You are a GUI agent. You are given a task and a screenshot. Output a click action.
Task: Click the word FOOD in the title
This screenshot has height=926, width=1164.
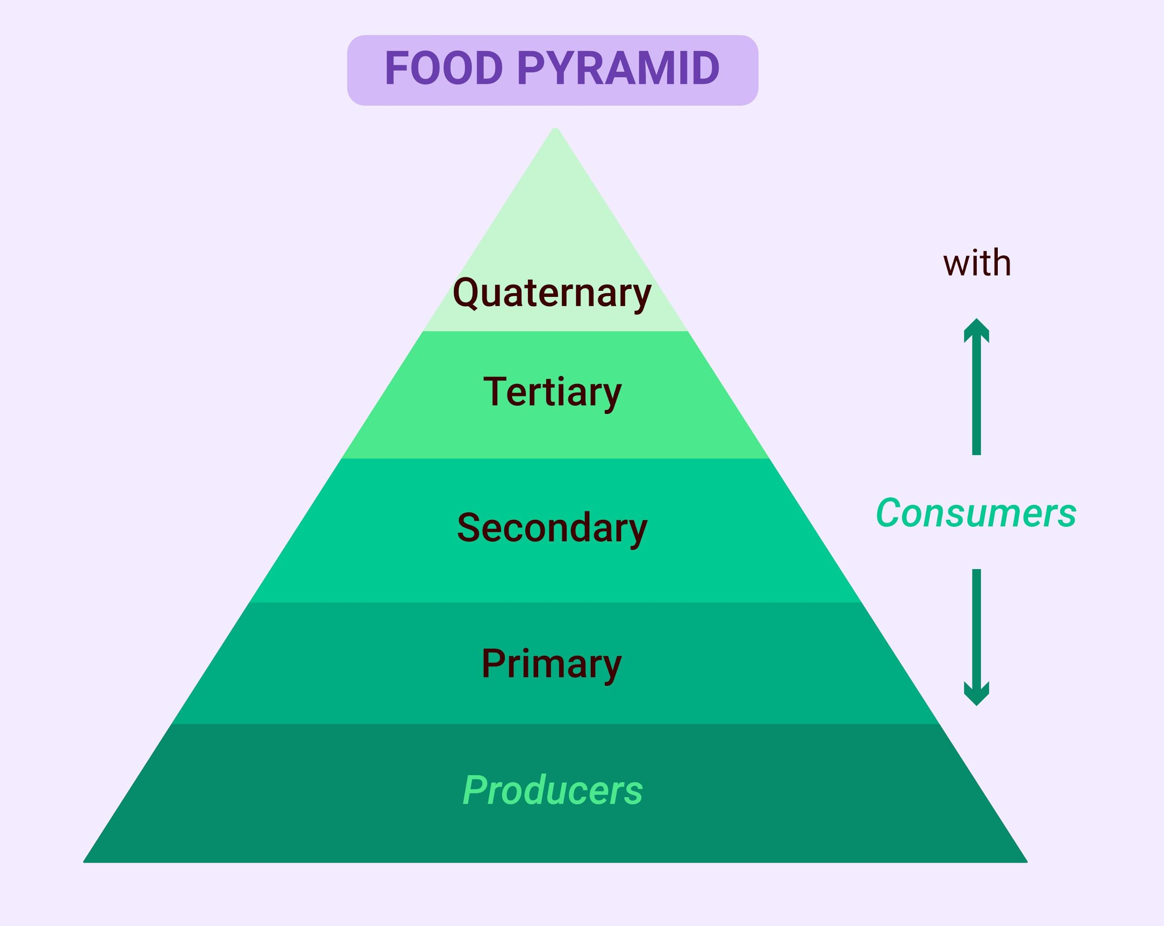pos(444,68)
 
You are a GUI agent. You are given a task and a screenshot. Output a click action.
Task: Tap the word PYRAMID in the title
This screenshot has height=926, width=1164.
pos(618,68)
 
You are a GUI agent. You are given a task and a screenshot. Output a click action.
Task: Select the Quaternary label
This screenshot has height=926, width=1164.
pos(552,294)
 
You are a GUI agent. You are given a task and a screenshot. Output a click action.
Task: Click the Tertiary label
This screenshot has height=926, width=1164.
pos(552,393)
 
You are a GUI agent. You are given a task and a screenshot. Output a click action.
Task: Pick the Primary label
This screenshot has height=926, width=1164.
pos(552,664)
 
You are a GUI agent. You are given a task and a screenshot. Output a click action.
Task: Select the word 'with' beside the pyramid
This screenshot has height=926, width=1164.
pos(977,263)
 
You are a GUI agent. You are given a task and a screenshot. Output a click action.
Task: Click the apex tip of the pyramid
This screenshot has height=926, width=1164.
pos(555,128)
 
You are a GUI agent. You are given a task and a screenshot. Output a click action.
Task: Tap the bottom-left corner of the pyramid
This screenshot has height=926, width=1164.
pos(84,862)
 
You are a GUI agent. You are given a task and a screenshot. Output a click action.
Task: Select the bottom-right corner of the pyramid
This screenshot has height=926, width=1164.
pos(1027,862)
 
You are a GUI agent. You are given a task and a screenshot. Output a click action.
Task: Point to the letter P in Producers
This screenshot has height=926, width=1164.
pos(474,790)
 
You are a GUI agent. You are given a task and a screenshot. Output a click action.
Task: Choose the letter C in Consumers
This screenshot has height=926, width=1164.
pos(889,513)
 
